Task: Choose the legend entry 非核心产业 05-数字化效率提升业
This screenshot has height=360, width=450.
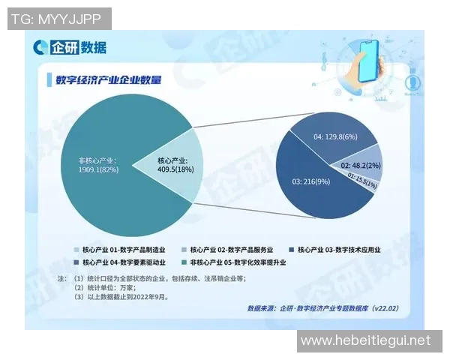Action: (232, 263)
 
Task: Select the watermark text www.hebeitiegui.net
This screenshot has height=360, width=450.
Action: (365, 340)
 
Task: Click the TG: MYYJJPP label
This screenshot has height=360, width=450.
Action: (58, 19)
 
